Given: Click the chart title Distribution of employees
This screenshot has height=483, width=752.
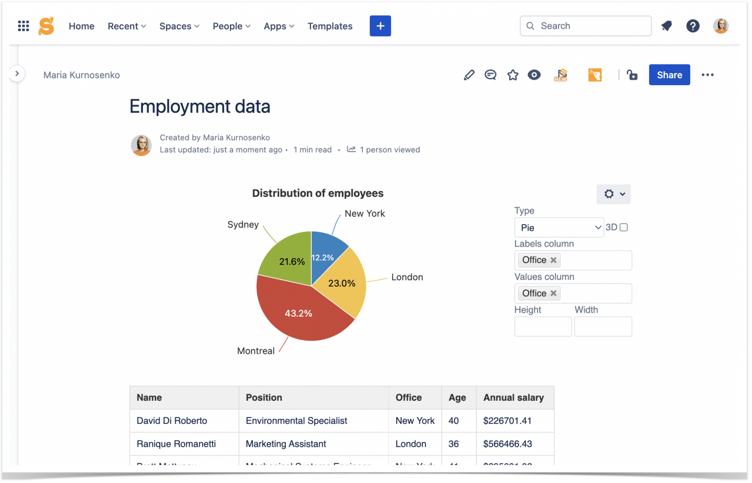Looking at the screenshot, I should [317, 193].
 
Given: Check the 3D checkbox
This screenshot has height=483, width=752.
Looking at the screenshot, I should [624, 227].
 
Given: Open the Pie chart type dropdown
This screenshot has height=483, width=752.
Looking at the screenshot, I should [559, 228].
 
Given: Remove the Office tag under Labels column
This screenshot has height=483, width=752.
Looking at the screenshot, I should [553, 260].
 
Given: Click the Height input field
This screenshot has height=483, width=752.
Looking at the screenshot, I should [542, 326].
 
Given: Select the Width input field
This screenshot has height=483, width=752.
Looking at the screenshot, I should [603, 326].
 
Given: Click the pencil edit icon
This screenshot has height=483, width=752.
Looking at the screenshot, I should [469, 75].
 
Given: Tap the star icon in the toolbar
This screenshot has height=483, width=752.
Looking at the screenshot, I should [513, 75].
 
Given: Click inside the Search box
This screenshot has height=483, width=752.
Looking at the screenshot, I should [587, 26].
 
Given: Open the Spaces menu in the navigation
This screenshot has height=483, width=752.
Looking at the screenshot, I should [179, 26].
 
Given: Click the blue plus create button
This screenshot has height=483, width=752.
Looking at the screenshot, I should [380, 26].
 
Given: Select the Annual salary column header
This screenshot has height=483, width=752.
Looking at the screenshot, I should [513, 398].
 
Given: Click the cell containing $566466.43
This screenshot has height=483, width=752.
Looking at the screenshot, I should [507, 444].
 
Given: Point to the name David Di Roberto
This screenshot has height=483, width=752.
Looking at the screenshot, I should [172, 421].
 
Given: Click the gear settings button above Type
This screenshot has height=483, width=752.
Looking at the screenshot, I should [613, 194].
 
